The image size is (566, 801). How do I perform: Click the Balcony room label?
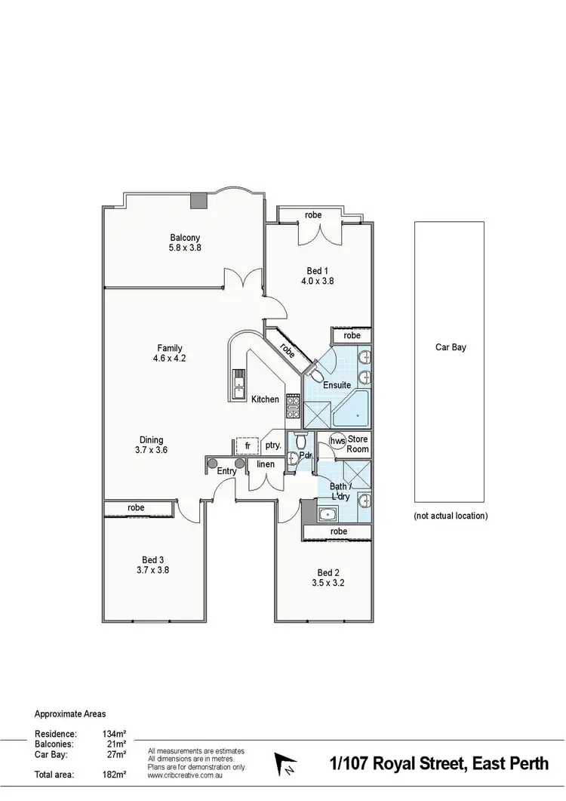point(185,237)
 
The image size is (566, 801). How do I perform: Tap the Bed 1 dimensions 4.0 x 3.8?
point(317,281)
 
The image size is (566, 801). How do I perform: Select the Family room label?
point(170,348)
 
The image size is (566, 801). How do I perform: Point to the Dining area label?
point(151,440)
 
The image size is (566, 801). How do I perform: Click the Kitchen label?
point(265,399)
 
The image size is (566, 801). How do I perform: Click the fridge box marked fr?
point(247,445)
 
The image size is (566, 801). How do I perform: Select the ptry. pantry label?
point(273,445)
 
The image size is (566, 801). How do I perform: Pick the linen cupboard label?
point(266,464)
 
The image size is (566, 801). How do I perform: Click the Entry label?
point(226,471)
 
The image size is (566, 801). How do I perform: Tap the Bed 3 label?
point(152,559)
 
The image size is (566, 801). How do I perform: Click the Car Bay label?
point(451,348)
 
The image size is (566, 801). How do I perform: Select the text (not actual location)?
point(451,516)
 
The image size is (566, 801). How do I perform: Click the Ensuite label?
point(337,385)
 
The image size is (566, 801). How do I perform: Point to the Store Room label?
point(358,444)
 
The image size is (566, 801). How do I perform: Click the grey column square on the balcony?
point(198,200)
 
